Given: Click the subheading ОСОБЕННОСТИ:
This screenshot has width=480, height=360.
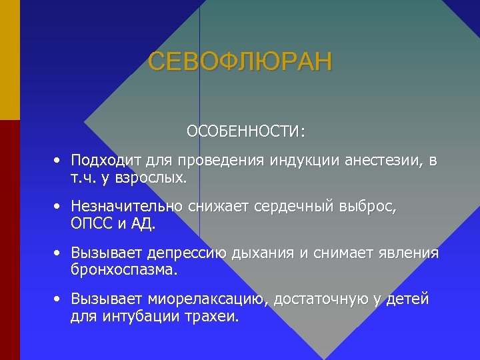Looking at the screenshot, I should coord(246,131).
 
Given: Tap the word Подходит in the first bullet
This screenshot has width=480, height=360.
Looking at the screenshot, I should coord(104,161).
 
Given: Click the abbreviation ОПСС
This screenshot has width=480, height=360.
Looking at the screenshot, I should coord(91,225).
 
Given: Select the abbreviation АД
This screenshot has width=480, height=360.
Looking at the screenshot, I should coord(144,225).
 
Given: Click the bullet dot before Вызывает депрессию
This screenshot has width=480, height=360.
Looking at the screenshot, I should coord(59,253).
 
